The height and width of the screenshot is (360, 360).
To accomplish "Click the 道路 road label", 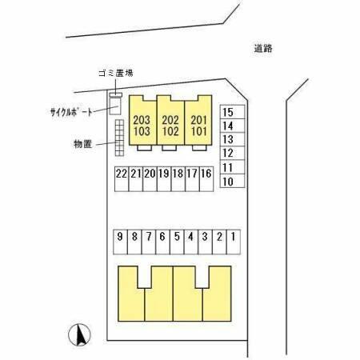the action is (x=263, y=49).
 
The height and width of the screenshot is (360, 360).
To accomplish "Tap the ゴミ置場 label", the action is (x=116, y=73).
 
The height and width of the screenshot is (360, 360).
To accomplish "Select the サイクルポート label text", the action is (x=71, y=112).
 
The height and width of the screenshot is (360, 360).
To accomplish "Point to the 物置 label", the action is (x=82, y=144).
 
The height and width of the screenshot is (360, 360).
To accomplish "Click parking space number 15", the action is (x=232, y=112).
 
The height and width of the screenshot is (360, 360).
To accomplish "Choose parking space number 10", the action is (x=232, y=181).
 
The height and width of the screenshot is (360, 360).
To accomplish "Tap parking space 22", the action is (x=122, y=179).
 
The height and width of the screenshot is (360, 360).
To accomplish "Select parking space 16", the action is (x=206, y=179).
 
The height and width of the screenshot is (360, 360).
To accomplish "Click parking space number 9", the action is (x=120, y=242).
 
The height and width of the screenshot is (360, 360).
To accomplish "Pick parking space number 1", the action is (x=234, y=242).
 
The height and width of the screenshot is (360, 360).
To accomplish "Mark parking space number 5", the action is (x=177, y=242).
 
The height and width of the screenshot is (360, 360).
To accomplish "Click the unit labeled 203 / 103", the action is (x=142, y=121).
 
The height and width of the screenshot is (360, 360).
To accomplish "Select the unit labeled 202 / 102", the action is (x=170, y=121).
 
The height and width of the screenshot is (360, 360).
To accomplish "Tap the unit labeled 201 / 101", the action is (x=198, y=121).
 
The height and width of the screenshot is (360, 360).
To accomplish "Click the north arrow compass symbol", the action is (x=79, y=334).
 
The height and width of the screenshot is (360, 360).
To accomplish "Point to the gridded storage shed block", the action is (x=119, y=138).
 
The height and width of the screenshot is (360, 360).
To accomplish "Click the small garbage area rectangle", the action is (x=116, y=94).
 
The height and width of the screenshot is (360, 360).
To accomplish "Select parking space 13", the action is (x=232, y=139).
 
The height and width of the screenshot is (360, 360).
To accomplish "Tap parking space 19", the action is (x=164, y=179).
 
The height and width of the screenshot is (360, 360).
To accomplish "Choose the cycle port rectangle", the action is (x=115, y=106).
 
